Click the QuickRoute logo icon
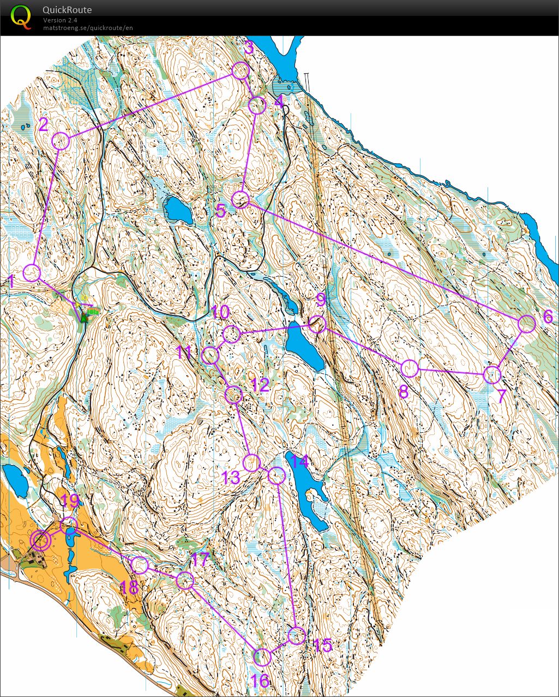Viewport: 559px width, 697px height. click(x=21, y=16)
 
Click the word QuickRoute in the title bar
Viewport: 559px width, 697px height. click(x=67, y=10)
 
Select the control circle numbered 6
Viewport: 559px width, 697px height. click(x=527, y=324)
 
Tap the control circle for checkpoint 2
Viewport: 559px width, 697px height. click(x=61, y=141)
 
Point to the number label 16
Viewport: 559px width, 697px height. click(x=260, y=681)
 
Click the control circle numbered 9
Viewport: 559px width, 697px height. click(x=317, y=324)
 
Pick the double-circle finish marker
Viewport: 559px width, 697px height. click(x=41, y=540)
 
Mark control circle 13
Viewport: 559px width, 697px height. click(x=251, y=463)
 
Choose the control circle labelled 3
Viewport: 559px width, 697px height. click(x=241, y=71)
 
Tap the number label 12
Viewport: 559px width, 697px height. click(x=260, y=385)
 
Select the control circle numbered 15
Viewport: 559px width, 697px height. click(x=297, y=635)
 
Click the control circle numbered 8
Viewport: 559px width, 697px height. click(x=410, y=368)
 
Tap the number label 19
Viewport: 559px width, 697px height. click(x=70, y=501)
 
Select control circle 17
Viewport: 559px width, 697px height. click(x=185, y=580)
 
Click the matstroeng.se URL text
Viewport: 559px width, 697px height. click(x=88, y=28)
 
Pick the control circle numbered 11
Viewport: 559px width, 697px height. click(x=210, y=356)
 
